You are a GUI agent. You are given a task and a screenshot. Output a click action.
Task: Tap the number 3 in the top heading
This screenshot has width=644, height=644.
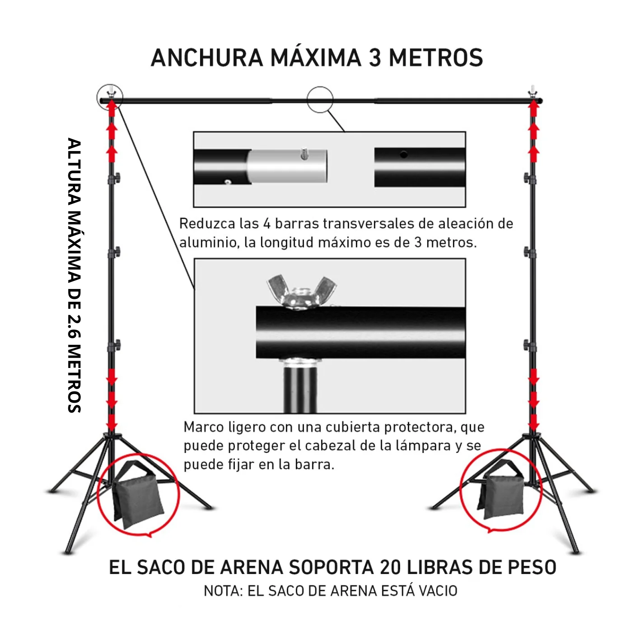click(375, 58)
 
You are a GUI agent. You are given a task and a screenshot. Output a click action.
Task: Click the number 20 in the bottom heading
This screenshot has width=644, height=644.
click(390, 568)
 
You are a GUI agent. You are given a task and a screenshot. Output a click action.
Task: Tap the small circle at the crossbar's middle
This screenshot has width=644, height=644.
click(320, 100)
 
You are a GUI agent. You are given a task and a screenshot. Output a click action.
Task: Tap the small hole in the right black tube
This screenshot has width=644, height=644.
click(404, 154)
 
